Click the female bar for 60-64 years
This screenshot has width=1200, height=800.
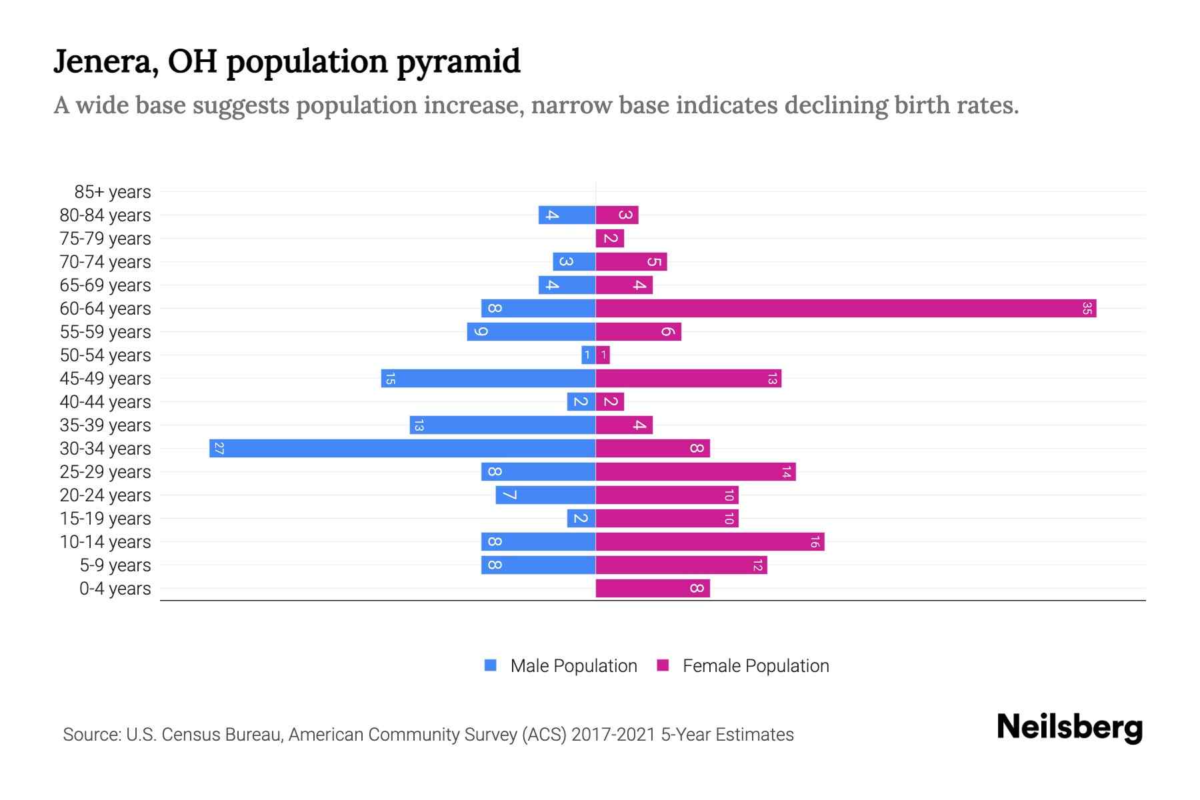click(x=845, y=308)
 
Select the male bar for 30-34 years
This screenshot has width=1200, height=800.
click(x=402, y=448)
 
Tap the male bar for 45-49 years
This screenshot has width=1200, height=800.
click(x=488, y=378)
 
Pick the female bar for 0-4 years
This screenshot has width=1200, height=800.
click(x=652, y=588)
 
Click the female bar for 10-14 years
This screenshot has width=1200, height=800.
click(x=709, y=541)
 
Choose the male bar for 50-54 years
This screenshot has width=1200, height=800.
click(x=588, y=355)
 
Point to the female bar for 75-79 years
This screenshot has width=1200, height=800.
click(x=609, y=238)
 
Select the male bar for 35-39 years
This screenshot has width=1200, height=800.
click(x=502, y=425)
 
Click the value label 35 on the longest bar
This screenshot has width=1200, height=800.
click(x=1087, y=308)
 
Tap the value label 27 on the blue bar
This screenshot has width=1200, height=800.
click(x=219, y=448)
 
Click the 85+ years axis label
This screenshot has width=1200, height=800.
click(x=113, y=192)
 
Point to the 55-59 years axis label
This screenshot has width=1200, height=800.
click(x=105, y=332)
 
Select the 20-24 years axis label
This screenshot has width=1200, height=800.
click(x=105, y=495)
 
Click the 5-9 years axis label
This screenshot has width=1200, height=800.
click(x=115, y=565)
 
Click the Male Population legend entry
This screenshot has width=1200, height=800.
click(x=573, y=665)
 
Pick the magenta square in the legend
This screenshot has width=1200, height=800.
click(x=663, y=665)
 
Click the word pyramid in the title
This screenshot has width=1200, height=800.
click(x=459, y=62)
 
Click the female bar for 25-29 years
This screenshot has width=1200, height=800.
click(x=695, y=471)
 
